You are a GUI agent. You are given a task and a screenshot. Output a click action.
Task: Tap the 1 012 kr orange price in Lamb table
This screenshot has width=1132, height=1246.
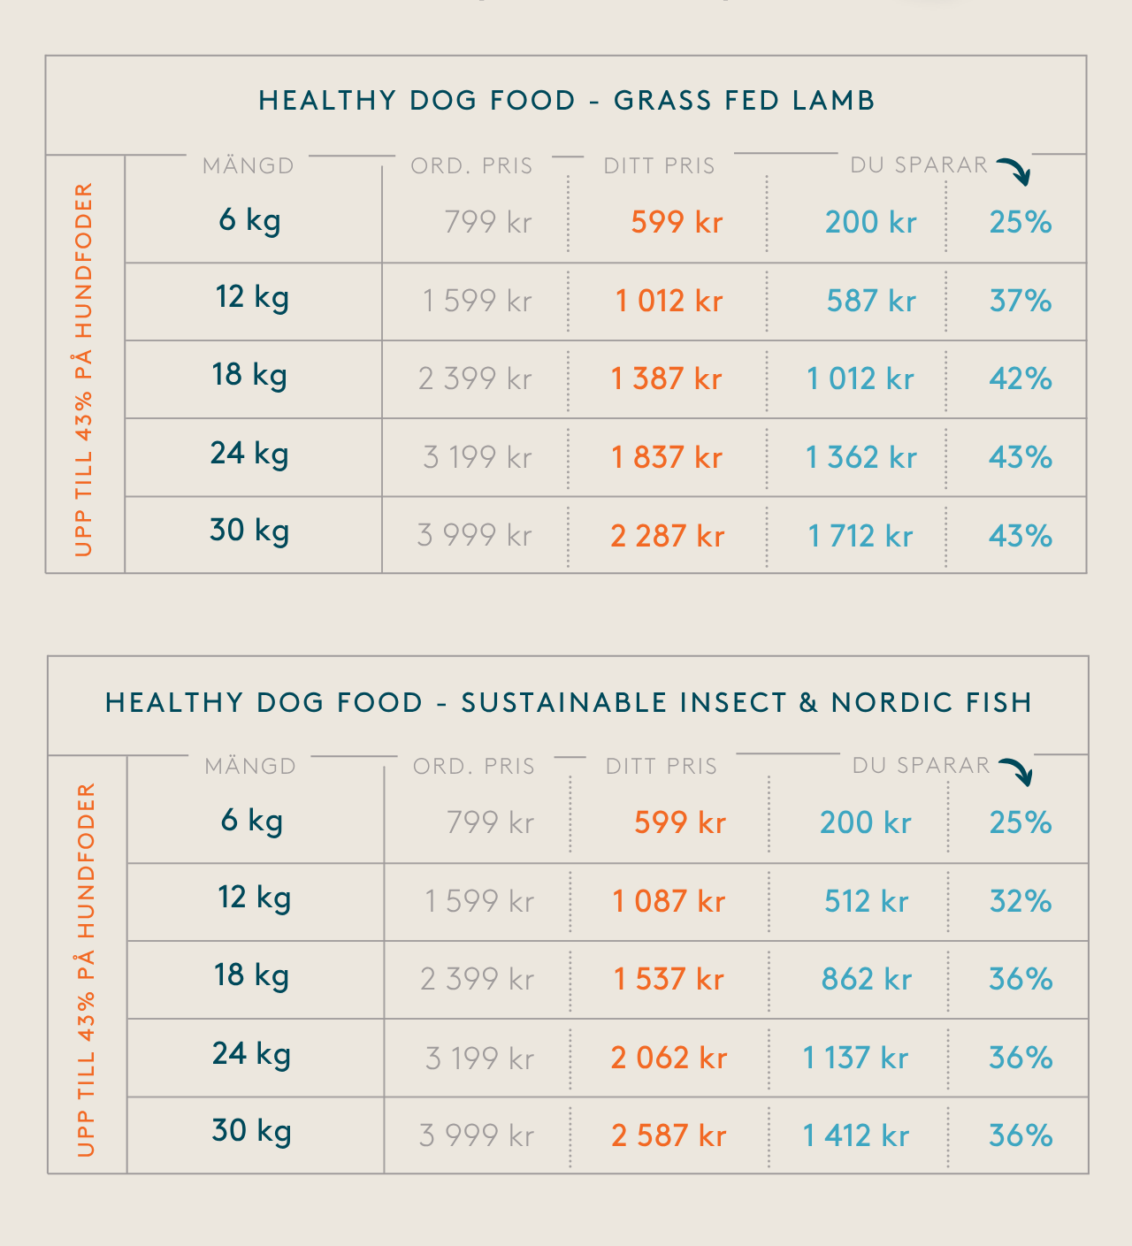[x=669, y=301]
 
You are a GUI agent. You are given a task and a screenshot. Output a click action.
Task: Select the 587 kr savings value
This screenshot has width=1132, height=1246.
[x=870, y=301]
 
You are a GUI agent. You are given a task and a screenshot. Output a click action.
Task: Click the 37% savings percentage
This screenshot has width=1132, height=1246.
[x=1021, y=301]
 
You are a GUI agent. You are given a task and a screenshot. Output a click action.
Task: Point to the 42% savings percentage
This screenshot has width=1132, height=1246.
[x=1021, y=378]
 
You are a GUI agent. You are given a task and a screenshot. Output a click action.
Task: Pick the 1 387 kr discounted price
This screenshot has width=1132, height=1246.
[x=666, y=378]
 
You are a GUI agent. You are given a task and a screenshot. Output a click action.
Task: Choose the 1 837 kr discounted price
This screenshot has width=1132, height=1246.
[x=667, y=457]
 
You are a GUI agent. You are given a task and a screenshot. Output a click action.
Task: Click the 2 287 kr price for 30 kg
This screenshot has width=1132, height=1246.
[x=667, y=536]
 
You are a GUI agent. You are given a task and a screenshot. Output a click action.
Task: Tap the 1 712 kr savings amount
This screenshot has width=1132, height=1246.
[x=860, y=536]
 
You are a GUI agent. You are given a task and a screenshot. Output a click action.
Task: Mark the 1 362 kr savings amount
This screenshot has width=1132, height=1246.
[x=860, y=457]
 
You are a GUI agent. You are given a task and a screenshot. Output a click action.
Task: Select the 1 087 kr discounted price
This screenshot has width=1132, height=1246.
[x=669, y=901]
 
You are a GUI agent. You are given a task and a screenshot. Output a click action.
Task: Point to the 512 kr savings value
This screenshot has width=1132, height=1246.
[x=866, y=901]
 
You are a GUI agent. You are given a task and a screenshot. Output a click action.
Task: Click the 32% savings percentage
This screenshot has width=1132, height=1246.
[x=1021, y=901]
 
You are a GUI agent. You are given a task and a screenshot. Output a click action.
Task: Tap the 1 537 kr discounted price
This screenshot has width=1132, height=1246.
[x=669, y=979]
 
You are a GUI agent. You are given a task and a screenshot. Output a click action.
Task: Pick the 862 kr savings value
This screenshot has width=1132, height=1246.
[x=866, y=979]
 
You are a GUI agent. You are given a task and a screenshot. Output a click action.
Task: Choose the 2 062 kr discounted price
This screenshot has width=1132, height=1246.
[x=669, y=1058]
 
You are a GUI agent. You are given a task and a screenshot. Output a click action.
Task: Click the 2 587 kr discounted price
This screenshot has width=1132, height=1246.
[x=669, y=1135]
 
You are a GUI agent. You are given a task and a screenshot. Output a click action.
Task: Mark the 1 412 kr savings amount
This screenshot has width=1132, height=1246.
[x=855, y=1135]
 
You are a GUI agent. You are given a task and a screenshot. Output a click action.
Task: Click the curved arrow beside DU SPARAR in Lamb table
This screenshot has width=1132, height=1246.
[x=1015, y=171]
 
